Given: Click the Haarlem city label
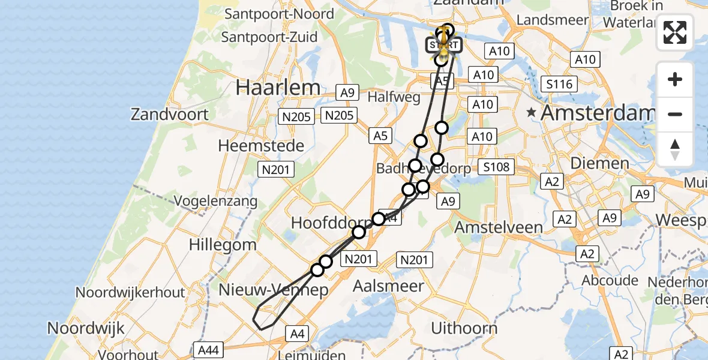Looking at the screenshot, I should point(278,88).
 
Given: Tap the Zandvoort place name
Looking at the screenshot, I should point(170,114).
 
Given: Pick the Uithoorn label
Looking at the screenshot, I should point(464,328).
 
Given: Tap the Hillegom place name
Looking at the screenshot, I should point(223,245).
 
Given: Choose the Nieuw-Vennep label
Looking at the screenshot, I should point(273,290).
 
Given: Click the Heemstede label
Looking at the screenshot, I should point(261,145).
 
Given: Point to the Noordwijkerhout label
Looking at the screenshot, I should point(130,292).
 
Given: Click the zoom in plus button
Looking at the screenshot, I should point(675,79).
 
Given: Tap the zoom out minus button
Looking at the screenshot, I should point(675,114).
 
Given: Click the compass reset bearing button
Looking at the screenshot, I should point(675,149).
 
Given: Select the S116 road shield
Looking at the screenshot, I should point(558,84).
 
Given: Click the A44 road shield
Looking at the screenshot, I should point(209,349).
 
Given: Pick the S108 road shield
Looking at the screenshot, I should point(496,166).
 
